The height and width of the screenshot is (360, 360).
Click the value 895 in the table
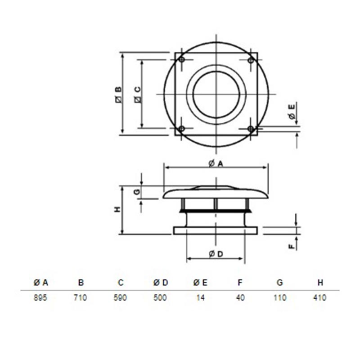click(x=40, y=297)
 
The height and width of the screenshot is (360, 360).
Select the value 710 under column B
click(x=81, y=297)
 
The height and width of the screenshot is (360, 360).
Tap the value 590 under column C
click(x=120, y=297)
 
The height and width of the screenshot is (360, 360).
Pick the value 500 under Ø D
click(x=160, y=297)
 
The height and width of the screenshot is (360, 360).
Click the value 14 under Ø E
click(x=200, y=297)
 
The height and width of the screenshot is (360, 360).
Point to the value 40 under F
click(x=240, y=297)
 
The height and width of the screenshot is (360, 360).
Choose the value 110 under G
click(x=280, y=297)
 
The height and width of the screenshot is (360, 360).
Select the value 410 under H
click(x=319, y=297)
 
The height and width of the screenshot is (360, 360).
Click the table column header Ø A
click(x=41, y=283)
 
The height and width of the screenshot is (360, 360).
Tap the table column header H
click(x=320, y=283)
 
